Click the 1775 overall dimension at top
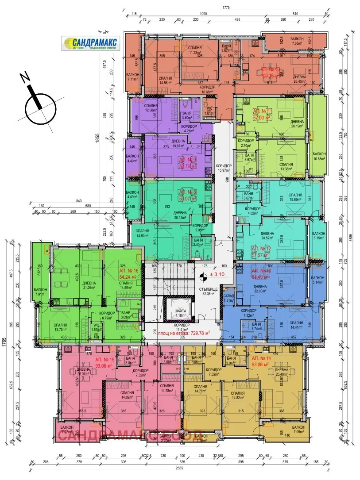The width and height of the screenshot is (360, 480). coord(226,7)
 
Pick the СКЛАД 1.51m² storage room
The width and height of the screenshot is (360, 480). coord(228,299)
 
